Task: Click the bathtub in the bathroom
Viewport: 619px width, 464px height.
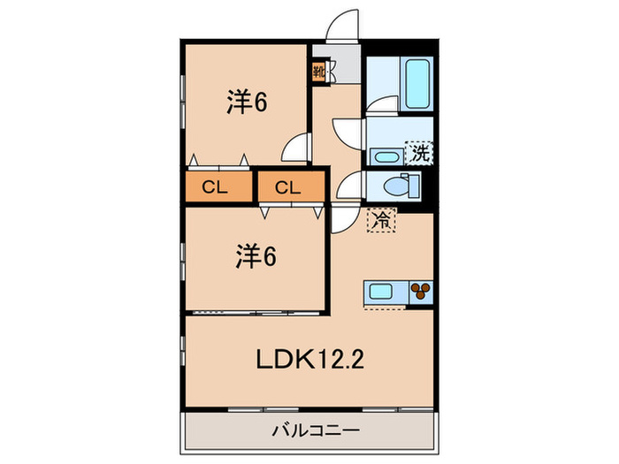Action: [415, 84]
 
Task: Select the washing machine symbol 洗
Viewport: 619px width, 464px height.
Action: [419, 152]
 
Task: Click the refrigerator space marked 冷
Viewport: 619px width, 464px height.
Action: [382, 219]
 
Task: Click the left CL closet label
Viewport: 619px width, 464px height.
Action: [211, 187]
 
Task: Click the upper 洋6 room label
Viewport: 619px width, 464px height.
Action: [247, 103]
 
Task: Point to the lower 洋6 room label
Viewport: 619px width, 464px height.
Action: [256, 257]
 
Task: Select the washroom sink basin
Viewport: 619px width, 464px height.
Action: [385, 157]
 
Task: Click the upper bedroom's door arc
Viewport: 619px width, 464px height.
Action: [297, 145]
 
